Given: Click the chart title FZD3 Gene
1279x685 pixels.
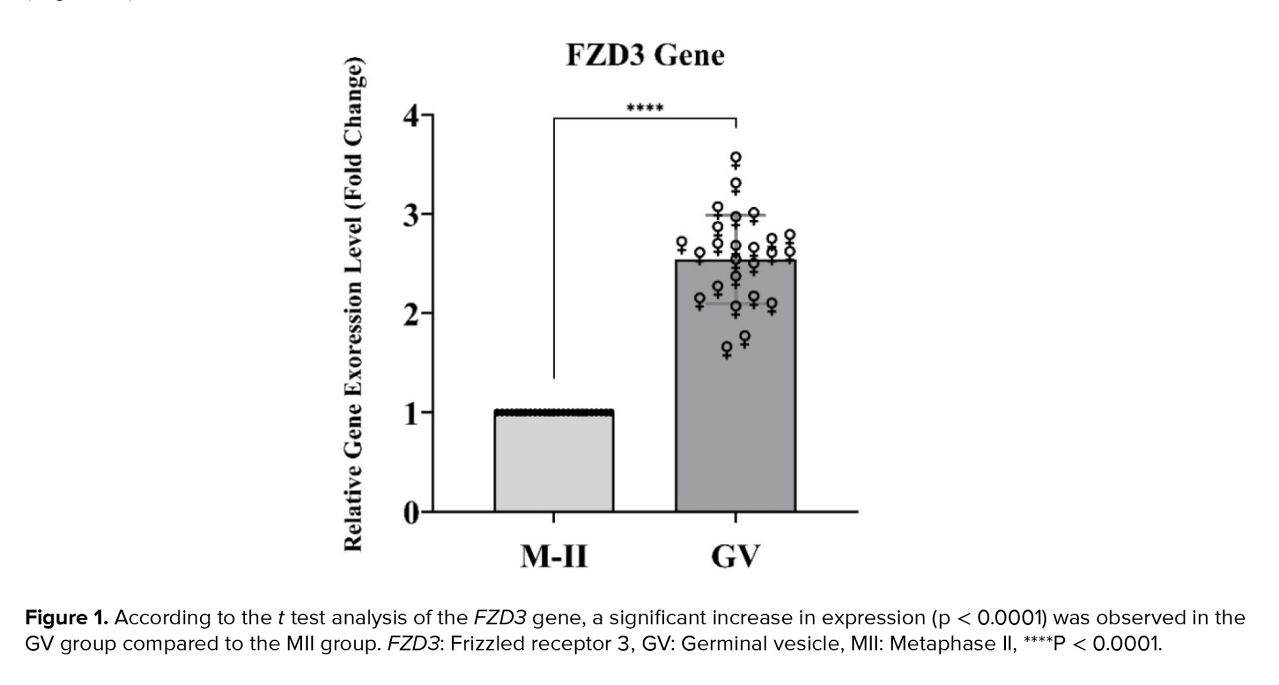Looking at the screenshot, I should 645,55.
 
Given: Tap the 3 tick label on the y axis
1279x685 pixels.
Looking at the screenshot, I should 411,215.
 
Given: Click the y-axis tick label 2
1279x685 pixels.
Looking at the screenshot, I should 411,314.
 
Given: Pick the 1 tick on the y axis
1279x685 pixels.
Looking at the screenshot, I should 411,414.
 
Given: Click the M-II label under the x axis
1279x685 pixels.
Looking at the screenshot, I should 554,556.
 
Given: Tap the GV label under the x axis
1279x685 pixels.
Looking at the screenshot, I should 735,556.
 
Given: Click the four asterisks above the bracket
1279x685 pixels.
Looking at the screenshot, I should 645,107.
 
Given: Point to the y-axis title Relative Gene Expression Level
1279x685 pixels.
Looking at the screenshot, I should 354,304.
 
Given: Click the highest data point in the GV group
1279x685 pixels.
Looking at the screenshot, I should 736,158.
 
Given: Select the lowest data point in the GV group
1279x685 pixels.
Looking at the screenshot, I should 726,349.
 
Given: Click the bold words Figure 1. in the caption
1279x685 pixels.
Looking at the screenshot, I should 67,618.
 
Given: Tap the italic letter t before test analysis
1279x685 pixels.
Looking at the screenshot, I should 281,618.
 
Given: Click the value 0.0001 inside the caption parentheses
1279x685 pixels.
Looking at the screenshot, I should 1010,618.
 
